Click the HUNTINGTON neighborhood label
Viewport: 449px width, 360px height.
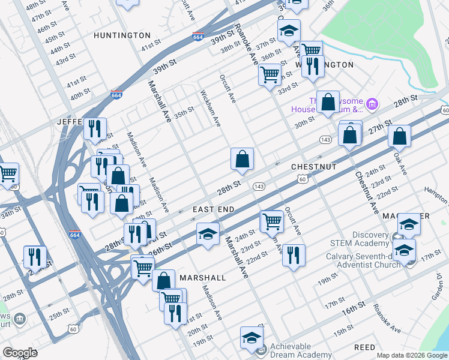122,36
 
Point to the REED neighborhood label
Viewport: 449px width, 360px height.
364,347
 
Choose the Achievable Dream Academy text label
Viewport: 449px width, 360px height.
300,350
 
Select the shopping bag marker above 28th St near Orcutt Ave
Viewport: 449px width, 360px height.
242,160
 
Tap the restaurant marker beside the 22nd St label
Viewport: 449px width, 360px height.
293,254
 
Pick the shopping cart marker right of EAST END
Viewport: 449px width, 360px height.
272,221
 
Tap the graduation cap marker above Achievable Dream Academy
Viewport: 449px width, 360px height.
252,337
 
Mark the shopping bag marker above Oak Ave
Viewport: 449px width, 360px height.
399,136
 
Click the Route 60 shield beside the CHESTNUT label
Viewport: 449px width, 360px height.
303,179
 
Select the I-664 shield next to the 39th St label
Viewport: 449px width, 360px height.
198,37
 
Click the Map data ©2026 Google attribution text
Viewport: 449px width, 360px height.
411,355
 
